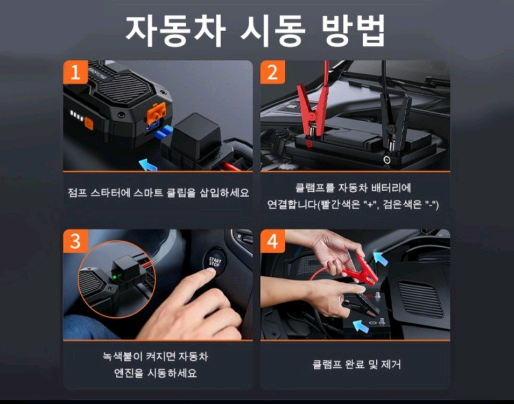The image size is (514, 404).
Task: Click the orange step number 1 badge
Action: pos(75,72)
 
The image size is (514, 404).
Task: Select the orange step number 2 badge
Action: pos(273,72)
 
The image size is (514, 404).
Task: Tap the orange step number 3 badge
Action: pos(75,241)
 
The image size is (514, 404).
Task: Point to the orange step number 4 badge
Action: pos(273,241)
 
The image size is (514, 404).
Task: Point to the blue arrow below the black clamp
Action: pos(357,324)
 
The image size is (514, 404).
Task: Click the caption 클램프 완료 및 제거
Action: pos(356,365)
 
